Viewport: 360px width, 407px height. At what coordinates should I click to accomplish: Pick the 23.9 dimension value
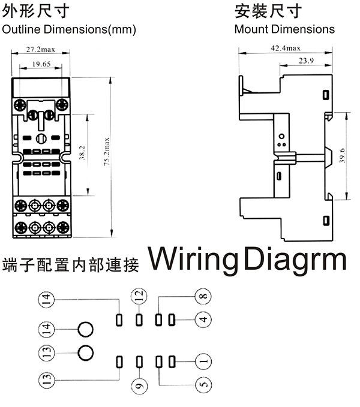tap(306, 61)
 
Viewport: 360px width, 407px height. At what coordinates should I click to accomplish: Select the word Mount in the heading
tap(251, 29)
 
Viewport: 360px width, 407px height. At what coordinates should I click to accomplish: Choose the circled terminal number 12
tap(139, 296)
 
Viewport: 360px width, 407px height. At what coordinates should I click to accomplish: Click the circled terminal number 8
tap(203, 296)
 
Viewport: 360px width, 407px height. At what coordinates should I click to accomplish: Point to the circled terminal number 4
tap(203, 319)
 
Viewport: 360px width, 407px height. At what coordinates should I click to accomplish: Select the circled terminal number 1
tap(203, 361)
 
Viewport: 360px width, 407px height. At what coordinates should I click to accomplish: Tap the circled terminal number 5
tap(203, 384)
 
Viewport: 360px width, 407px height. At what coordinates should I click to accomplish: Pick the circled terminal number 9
tap(139, 386)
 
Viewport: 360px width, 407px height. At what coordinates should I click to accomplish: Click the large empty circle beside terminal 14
tap(86, 329)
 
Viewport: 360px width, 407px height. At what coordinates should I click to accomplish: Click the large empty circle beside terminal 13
tap(86, 352)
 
